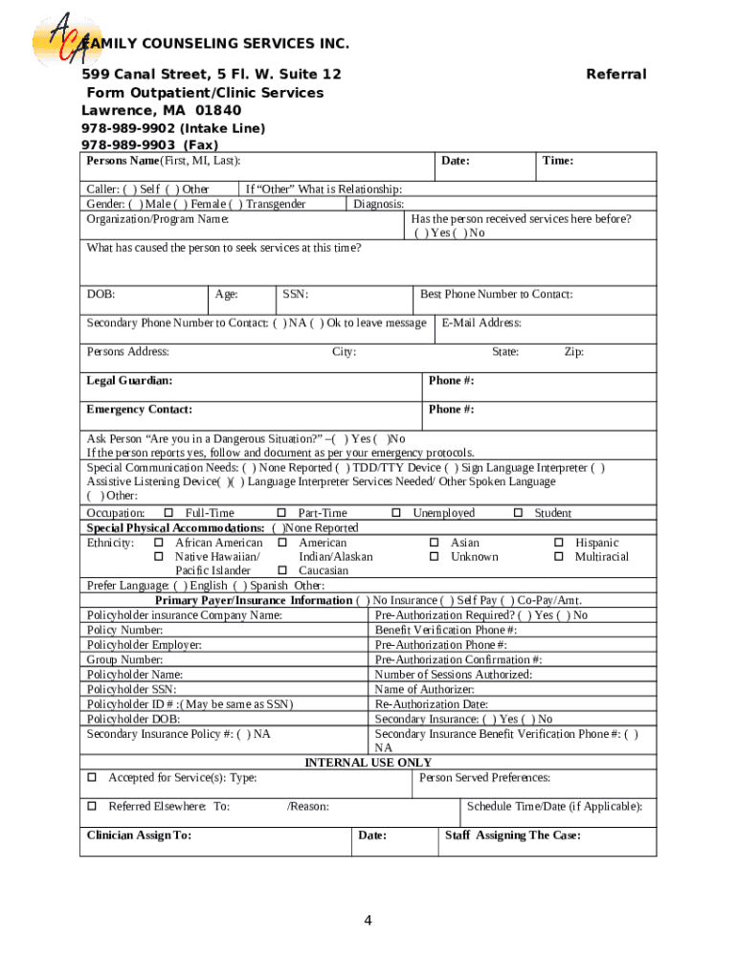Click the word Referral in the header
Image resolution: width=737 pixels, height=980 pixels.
point(615,75)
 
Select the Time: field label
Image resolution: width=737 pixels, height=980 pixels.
point(558,161)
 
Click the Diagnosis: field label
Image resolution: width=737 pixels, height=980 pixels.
point(379,204)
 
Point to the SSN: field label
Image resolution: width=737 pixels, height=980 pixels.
point(295,295)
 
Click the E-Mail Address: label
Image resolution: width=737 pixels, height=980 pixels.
point(481,323)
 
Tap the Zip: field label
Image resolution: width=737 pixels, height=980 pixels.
point(573,352)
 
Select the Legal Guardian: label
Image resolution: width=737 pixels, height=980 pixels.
point(130,381)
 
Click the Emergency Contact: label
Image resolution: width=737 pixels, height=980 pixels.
point(140,410)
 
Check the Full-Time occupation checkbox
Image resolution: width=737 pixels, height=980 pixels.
point(168,514)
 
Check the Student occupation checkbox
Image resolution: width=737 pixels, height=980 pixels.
point(518,514)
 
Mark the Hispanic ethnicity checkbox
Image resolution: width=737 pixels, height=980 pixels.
point(560,543)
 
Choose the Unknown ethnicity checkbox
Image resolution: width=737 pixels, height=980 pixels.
point(434,557)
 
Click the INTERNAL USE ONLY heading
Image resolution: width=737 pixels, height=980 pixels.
point(368,763)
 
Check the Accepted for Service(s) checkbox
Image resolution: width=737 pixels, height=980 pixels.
point(93,778)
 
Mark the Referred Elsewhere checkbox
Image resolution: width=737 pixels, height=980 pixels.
point(93,807)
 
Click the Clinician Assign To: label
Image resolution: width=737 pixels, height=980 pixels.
point(139,835)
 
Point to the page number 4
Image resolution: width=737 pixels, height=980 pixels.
point(368,921)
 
